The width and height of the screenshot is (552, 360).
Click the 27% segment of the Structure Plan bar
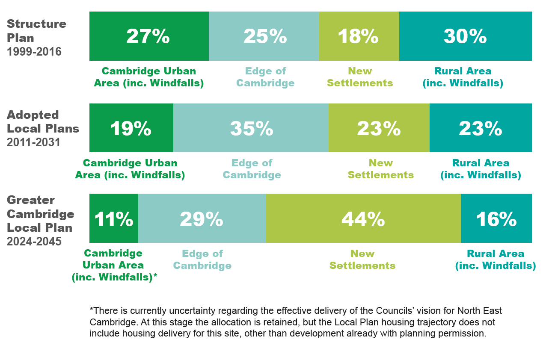tap(148, 36)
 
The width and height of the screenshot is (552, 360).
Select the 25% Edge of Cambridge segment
tap(264, 36)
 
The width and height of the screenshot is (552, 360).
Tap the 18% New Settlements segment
tap(359, 36)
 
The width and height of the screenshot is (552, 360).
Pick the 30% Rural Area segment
tap(465, 36)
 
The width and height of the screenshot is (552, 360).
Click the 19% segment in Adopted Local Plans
tap(131, 128)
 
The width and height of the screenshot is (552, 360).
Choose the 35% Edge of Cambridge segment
tap(251, 128)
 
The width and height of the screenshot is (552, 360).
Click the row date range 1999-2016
tap(34, 52)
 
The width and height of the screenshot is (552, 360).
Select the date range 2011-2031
tap(34, 142)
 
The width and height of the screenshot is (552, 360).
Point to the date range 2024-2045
tap(34, 242)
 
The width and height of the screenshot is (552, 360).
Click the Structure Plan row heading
tap(36, 30)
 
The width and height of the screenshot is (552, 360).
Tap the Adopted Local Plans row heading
tap(43, 122)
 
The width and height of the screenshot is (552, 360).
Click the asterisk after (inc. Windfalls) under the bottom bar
tap(155, 277)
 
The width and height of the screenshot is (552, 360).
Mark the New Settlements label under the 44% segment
tap(362, 260)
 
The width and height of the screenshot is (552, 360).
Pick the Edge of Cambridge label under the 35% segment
tap(252, 169)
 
